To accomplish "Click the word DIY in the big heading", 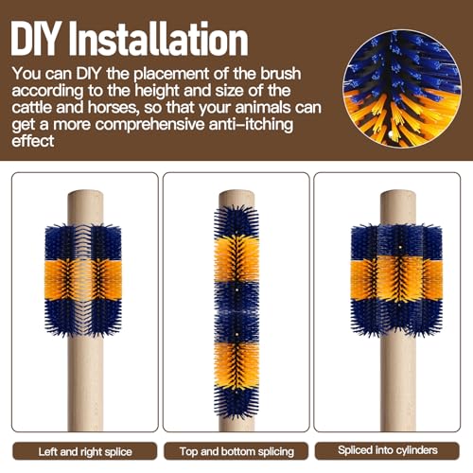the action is click(35, 39).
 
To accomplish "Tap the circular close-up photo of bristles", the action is click(402, 89).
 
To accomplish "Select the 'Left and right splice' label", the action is click(85, 451).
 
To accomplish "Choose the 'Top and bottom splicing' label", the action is click(236, 451).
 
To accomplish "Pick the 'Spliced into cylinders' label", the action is click(388, 450).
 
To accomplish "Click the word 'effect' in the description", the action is click(33, 141).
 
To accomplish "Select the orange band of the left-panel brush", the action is click(83, 279).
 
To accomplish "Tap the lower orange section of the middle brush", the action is click(236, 366).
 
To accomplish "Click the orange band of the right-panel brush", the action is click(396, 278).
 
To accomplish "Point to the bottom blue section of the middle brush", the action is click(236, 404).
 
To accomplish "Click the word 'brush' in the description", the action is click(281, 73).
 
